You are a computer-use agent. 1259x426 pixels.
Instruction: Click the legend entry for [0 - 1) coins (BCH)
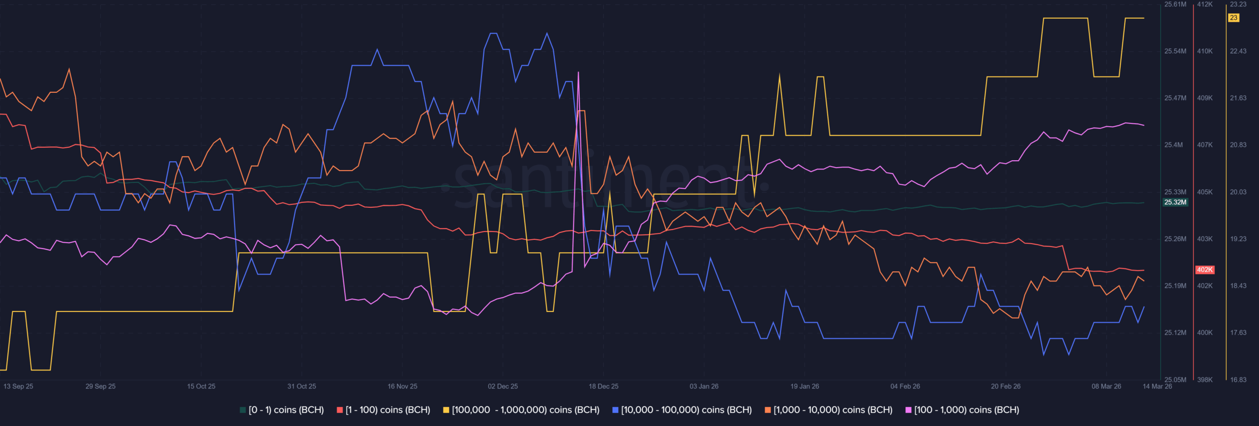[x=282, y=410]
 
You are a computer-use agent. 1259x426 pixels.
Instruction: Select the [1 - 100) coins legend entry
[x=384, y=410]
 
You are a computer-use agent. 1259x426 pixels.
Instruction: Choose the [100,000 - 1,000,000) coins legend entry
[x=521, y=410]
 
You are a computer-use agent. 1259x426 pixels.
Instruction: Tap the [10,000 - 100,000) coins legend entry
[x=682, y=410]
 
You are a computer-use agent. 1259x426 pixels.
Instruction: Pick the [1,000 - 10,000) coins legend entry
[x=829, y=410]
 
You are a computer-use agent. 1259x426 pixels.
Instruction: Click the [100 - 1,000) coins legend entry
[x=962, y=410]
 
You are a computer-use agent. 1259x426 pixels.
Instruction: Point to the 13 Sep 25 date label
[x=18, y=386]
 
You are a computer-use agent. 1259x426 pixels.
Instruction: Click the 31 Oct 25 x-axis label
[x=301, y=386]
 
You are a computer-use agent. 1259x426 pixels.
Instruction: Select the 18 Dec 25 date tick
[x=603, y=386]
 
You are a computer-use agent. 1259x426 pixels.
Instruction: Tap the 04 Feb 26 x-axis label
[x=905, y=386]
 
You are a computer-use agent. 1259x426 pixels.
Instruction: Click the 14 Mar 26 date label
[x=1157, y=386]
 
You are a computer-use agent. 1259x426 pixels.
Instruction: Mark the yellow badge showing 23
[x=1233, y=18]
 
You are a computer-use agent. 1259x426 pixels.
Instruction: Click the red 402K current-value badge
[x=1205, y=270]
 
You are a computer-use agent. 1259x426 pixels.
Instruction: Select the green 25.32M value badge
[x=1175, y=202]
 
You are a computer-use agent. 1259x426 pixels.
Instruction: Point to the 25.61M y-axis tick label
[x=1175, y=4]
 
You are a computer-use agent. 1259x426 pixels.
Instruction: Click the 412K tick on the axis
[x=1205, y=4]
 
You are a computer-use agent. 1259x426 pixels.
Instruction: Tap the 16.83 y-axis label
[x=1238, y=380]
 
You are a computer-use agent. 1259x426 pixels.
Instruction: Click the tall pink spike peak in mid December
[x=578, y=73]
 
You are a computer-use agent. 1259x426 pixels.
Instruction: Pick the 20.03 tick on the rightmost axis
[x=1238, y=192]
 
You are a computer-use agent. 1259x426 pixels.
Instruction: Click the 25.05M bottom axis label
[x=1175, y=380]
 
